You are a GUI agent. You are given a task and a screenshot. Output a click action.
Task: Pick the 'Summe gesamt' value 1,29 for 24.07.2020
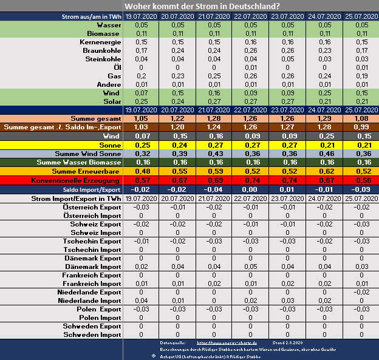(x=324, y=118)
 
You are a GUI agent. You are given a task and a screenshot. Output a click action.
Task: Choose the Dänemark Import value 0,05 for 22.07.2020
(x=251, y=267)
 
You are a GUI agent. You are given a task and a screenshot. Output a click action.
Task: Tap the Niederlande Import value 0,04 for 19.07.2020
(x=141, y=301)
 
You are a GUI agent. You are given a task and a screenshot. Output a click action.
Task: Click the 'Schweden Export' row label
(x=92, y=326)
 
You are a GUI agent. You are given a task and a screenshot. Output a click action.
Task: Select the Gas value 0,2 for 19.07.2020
(x=141, y=76)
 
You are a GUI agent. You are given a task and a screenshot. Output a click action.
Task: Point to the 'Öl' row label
(x=116, y=67)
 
